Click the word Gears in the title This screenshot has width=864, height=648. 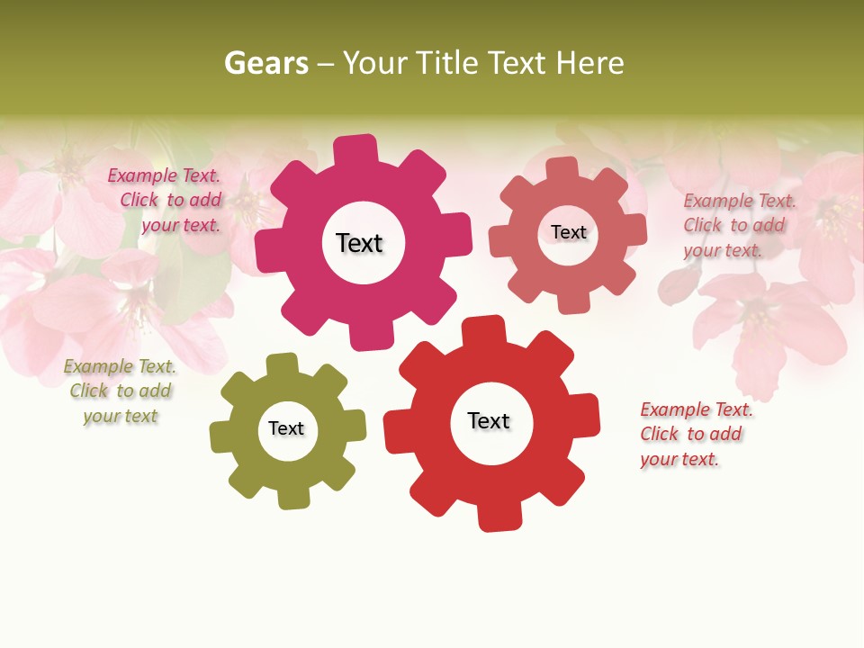265,63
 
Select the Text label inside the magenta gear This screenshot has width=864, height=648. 359,243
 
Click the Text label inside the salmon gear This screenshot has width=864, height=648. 568,232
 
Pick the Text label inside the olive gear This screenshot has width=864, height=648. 286,428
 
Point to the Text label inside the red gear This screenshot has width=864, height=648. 489,421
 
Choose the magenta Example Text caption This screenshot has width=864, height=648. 164,201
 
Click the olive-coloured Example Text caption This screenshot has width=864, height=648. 120,391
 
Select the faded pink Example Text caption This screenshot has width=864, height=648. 738,225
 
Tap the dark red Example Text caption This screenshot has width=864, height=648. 695,434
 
